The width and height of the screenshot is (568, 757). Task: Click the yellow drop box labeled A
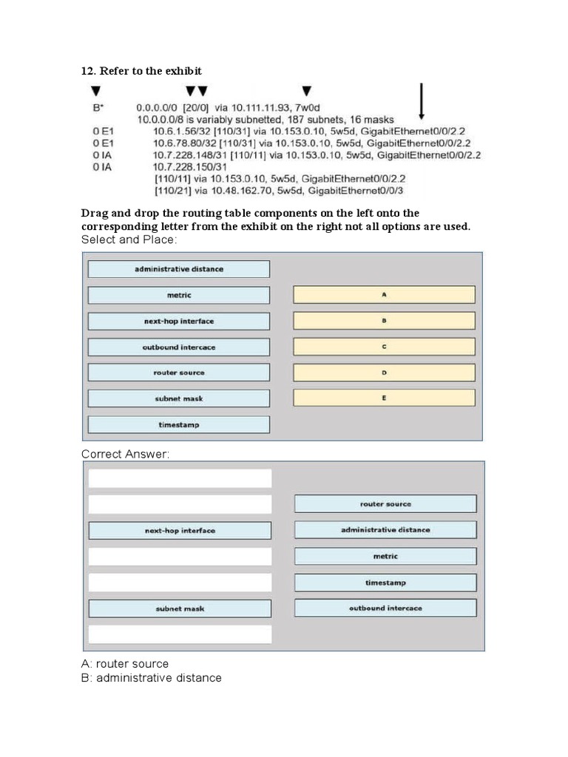384,295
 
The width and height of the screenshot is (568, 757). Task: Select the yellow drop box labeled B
384,321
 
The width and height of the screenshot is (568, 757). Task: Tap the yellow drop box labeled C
384,347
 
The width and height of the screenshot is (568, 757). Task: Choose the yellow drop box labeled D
384,373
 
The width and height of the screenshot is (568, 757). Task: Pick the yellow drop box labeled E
384,398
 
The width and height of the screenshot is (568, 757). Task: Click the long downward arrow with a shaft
422,101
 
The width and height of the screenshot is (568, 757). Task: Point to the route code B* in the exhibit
98,107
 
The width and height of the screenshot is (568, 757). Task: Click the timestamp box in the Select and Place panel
178,424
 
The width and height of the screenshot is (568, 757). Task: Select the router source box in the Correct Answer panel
385,504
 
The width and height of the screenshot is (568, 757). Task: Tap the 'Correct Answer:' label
125,454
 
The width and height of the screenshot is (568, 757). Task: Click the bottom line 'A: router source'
125,664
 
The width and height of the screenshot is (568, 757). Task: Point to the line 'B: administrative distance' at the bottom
151,678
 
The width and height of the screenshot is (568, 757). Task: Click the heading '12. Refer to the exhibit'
141,71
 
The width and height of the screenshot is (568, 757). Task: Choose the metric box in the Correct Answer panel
385,556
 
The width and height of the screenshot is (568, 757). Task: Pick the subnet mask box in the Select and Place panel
178,398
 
